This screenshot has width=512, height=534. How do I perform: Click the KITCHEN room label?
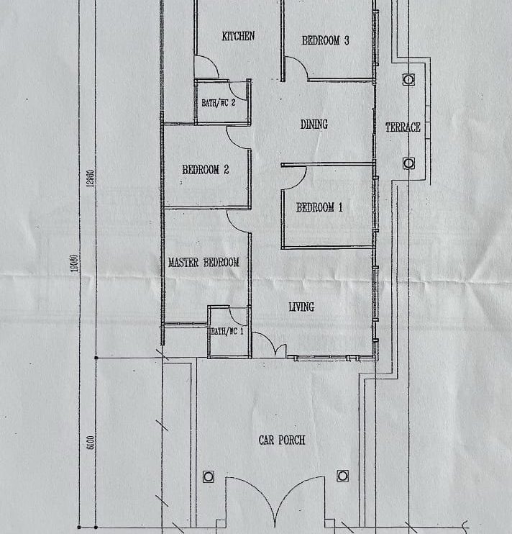[238, 36]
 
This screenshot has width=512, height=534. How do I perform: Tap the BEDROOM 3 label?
[325, 40]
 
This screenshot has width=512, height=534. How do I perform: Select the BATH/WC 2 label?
[219, 102]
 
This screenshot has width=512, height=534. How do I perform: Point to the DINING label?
[314, 125]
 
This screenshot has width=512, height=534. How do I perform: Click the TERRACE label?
[403, 127]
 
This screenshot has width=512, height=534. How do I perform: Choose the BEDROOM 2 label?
[206, 170]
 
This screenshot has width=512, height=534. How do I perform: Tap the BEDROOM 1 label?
[319, 207]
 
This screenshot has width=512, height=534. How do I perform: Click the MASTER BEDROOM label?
[204, 262]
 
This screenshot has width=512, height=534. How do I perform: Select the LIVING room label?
[301, 307]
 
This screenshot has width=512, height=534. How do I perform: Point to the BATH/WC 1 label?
[227, 331]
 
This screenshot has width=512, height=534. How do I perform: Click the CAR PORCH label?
[282, 440]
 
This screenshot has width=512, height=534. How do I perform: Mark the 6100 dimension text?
[91, 443]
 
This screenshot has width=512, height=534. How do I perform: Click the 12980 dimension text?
[91, 178]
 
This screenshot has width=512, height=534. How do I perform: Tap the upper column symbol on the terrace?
[408, 80]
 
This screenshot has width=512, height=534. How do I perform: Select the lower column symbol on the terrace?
[408, 163]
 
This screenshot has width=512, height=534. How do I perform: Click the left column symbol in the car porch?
[209, 476]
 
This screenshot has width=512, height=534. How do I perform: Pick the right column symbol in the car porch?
[342, 476]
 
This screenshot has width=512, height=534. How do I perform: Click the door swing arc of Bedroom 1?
[300, 182]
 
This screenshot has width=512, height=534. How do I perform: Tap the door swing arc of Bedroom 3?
[301, 63]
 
